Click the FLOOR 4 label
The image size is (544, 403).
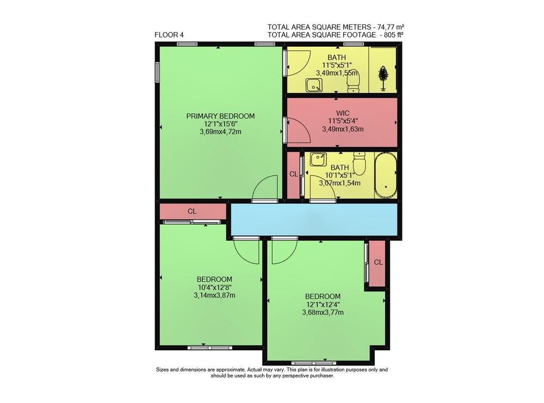click(169, 35)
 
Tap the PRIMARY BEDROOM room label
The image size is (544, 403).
click(220, 116)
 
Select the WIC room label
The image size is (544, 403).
click(343, 113)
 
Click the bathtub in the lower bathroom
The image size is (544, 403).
click(386, 175)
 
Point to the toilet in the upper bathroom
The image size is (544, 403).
click(354, 81)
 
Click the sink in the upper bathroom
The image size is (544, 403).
click(314, 85)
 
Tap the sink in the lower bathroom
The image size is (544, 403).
click(318, 159)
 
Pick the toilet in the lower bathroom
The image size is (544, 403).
click(360, 164)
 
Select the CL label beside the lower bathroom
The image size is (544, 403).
click(294, 174)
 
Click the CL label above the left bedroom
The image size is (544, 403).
click(192, 211)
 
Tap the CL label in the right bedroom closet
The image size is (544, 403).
click(378, 263)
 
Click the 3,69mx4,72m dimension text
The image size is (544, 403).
click(220, 132)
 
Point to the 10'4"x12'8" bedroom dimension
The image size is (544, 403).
click(214, 288)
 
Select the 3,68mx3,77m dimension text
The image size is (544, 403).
click(323, 313)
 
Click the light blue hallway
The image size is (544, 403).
click(314, 219)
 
